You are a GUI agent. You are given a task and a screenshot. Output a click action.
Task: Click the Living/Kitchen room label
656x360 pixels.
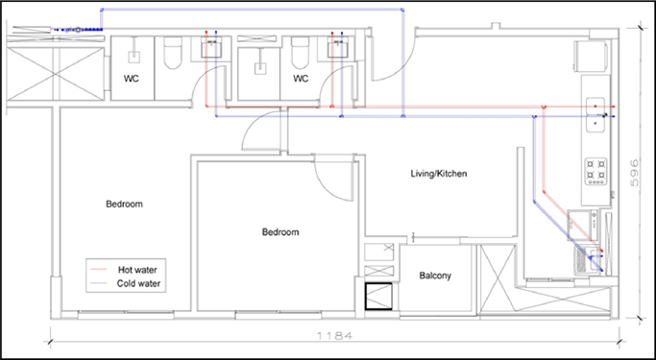pyautogui.click(x=439, y=173)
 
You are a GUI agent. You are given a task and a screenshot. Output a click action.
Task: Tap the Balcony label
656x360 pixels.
pyautogui.click(x=435, y=276)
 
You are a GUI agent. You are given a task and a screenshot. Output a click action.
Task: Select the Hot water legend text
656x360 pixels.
pyautogui.click(x=137, y=269)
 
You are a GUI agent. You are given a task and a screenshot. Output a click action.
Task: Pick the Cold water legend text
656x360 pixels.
pyautogui.click(x=138, y=283)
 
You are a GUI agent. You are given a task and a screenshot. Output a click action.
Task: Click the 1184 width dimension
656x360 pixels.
pyautogui.click(x=334, y=335)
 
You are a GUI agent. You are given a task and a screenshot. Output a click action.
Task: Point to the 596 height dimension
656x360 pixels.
pyautogui.click(x=635, y=172)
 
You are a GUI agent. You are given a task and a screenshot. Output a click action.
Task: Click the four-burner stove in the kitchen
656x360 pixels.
pyautogui.click(x=595, y=172)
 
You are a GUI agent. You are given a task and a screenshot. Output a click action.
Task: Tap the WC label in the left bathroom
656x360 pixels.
pyautogui.click(x=131, y=79)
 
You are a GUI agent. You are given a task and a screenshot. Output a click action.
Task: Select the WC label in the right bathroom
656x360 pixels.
pyautogui.click(x=301, y=79)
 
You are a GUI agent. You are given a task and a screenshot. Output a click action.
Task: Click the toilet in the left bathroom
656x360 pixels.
pyautogui.click(x=173, y=52)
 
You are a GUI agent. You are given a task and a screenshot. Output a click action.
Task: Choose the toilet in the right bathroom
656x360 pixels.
pyautogui.click(x=300, y=52)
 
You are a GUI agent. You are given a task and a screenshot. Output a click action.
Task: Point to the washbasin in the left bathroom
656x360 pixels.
pyautogui.click(x=211, y=47)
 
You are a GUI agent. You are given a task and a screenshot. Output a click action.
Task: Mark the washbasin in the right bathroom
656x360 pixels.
pyautogui.click(x=338, y=47)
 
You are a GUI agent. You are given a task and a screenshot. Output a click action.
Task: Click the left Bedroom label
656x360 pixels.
pyautogui.click(x=124, y=204)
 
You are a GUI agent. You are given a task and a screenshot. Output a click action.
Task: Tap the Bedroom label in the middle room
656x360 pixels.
pyautogui.click(x=280, y=232)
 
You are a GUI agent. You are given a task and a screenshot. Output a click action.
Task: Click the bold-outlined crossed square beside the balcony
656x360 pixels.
pyautogui.click(x=378, y=297)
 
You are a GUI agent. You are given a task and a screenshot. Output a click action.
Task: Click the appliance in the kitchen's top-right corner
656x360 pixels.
pyautogui.click(x=591, y=55)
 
